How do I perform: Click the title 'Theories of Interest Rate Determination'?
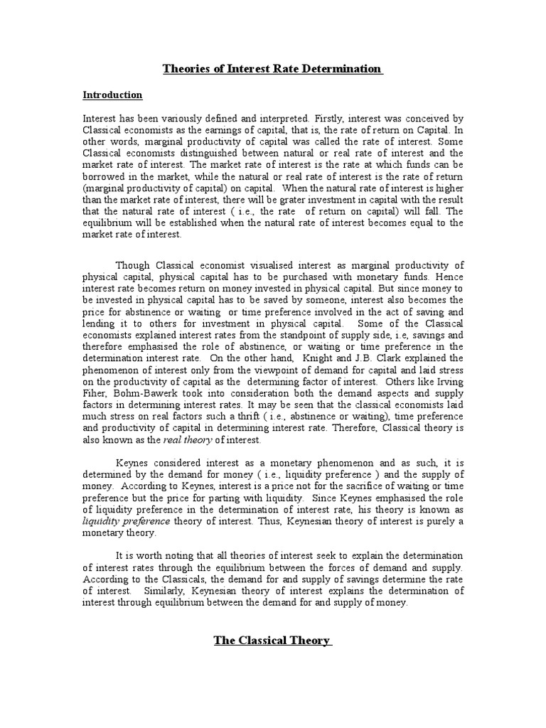click(272, 69)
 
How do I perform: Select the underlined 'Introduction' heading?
click(112, 95)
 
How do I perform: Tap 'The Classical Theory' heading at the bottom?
click(272, 641)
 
